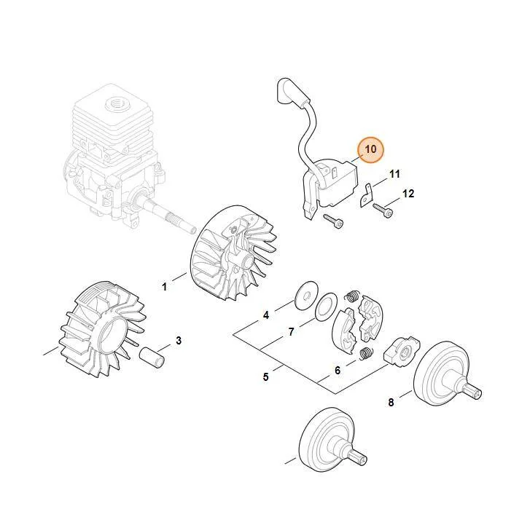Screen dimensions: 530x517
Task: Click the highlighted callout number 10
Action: click(371, 149)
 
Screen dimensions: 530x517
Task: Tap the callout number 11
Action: click(394, 174)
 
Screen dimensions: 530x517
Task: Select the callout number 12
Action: click(408, 194)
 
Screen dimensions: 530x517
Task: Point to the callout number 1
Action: click(164, 287)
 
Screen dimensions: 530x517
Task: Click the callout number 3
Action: click(179, 340)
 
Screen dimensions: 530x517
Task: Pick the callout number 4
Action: click(266, 315)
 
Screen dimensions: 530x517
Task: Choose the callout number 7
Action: click(292, 332)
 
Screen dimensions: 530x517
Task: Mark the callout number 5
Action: click(265, 376)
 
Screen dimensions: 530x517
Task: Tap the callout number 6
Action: click(338, 371)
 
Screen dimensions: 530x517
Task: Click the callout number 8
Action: click(391, 402)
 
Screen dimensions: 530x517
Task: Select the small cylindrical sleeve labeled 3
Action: click(152, 358)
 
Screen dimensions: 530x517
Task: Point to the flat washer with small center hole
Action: click(306, 296)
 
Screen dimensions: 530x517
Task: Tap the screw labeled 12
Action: click(383, 210)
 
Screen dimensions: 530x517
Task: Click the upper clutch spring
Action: click(352, 296)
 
